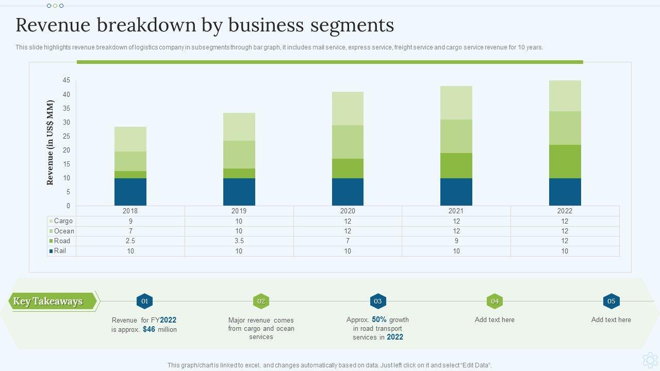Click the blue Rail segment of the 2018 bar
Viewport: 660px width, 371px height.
point(130,192)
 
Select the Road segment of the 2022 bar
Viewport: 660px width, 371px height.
point(565,161)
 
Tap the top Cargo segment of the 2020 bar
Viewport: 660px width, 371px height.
point(348,108)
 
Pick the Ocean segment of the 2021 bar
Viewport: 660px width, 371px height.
point(456,136)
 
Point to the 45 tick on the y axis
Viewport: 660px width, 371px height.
point(67,80)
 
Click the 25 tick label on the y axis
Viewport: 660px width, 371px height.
point(67,136)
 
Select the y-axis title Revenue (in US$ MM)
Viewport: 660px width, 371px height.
point(51,143)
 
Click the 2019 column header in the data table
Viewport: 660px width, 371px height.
point(239,211)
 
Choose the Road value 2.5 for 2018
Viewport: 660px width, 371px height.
point(130,241)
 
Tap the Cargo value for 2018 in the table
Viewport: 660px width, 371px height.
point(130,221)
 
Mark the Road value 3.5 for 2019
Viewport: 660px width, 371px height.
point(239,241)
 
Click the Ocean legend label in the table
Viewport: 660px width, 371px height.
point(64,231)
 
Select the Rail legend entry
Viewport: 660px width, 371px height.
point(60,251)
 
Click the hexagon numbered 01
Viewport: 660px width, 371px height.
point(144,301)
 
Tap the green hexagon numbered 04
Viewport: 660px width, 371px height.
point(494,301)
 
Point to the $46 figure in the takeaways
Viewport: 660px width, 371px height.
point(149,329)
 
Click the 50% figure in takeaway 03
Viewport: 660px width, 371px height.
point(379,319)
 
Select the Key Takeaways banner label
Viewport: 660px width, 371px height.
point(48,301)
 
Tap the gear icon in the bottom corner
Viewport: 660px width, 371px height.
point(650,359)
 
